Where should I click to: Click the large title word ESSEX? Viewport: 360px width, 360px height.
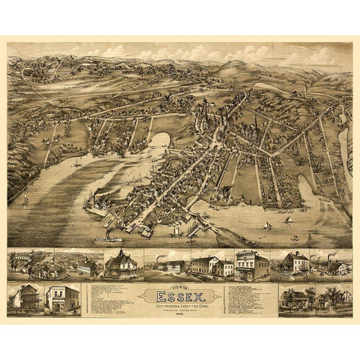(x=179, y=294)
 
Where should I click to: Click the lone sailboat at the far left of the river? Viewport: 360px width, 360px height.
(x=24, y=200)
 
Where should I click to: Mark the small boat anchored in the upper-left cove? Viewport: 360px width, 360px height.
(x=79, y=161)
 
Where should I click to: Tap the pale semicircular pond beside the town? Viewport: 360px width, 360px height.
(x=161, y=139)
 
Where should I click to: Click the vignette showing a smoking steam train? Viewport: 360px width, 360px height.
(x=170, y=265)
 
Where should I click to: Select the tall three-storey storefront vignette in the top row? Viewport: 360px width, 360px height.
(x=252, y=265)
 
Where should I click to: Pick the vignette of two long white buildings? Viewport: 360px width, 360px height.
(x=211, y=265)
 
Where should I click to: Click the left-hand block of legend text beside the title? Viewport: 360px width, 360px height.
(x=109, y=299)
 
